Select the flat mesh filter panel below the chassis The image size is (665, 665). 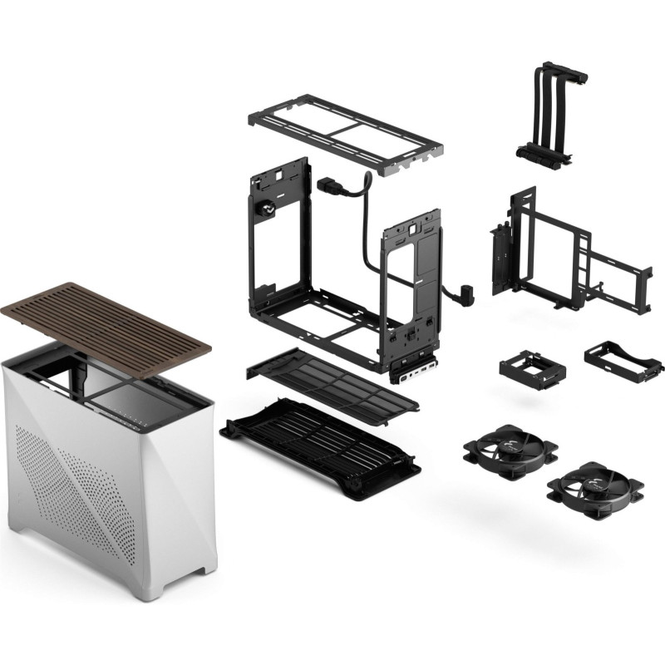332,383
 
